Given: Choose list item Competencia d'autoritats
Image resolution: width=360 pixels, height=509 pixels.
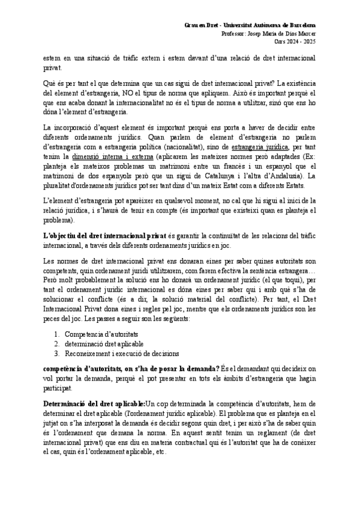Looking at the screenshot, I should (x=101, y=334).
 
